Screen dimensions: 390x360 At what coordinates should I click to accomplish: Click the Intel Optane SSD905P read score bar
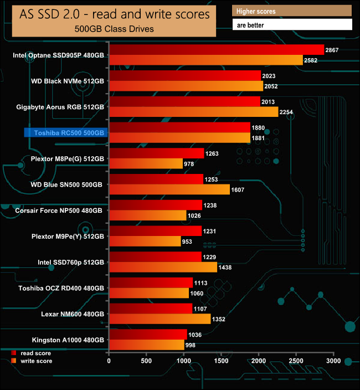coord(216,50)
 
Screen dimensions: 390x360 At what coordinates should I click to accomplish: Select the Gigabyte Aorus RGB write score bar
coord(193,112)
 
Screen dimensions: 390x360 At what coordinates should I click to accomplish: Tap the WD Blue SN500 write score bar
coord(169,189)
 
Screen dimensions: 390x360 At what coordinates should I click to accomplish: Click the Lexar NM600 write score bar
coord(160,319)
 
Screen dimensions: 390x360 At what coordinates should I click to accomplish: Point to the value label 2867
coord(332,50)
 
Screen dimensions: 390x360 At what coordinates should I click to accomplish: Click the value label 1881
coord(259,138)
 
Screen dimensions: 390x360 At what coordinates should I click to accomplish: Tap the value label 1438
coord(225,267)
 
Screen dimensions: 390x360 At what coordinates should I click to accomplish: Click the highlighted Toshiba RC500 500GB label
coord(64,133)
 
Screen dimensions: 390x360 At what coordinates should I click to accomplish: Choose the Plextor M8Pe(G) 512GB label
coord(68,158)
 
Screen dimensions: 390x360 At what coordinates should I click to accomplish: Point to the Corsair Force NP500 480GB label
coord(59,211)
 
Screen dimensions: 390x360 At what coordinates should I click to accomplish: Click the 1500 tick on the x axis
coord(221,361)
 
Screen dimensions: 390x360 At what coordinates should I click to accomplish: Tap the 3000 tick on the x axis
coord(333,361)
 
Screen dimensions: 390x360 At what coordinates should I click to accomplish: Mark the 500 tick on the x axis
coord(146,361)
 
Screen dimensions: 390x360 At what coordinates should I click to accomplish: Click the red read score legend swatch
coord(13,353)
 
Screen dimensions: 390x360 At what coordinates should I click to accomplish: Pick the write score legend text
coord(36,361)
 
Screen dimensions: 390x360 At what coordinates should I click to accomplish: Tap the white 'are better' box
coord(292,25)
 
